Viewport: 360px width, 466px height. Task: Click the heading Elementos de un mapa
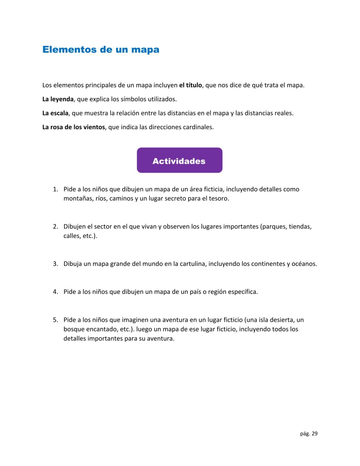click(101, 50)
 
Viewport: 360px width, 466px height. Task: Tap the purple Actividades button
click(180, 161)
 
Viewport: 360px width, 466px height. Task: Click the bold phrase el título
click(191, 85)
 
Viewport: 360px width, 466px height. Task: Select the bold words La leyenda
click(58, 99)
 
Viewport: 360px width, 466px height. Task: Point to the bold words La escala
click(55, 113)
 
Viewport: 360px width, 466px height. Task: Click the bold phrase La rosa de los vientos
click(74, 127)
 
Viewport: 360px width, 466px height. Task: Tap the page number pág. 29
click(309, 434)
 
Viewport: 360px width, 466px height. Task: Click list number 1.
click(55, 189)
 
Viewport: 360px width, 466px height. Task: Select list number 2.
click(55, 227)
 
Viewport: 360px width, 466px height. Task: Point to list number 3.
click(55, 264)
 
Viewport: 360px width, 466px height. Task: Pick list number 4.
click(55, 292)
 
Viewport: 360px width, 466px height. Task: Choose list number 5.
click(55, 320)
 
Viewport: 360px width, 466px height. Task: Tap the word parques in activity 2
click(274, 227)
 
